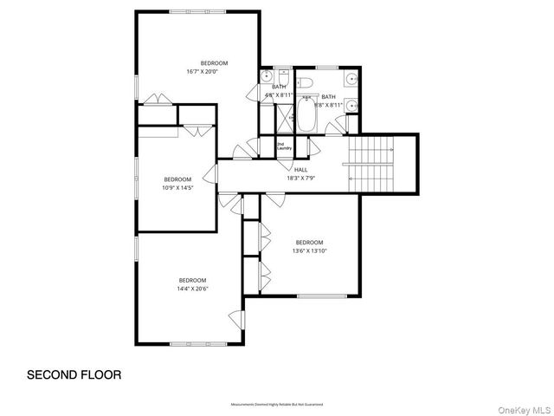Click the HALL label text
300,170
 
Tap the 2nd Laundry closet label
284,146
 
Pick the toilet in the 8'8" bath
304,83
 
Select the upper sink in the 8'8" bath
351,79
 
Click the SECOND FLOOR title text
74,375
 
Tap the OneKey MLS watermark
524,406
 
